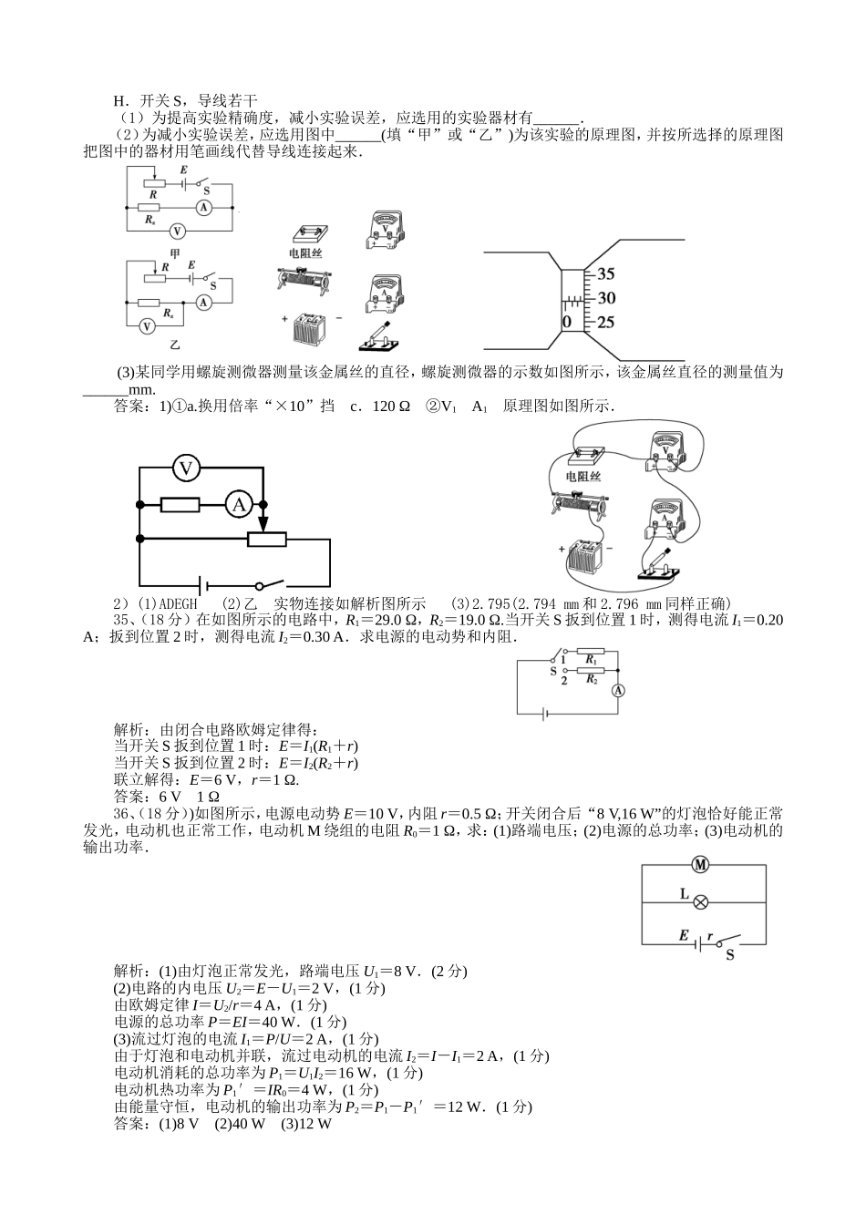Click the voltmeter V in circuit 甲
[x=179, y=232]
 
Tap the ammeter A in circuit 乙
[x=205, y=301]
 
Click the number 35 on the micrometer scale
[x=606, y=273]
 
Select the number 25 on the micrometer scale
[x=606, y=322]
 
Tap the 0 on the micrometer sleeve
[x=567, y=322]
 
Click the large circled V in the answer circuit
[x=187, y=468]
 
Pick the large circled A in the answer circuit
[x=238, y=504]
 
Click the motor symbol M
[x=702, y=864]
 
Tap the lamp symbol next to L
[x=701, y=901]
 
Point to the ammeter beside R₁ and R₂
[x=617, y=690]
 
